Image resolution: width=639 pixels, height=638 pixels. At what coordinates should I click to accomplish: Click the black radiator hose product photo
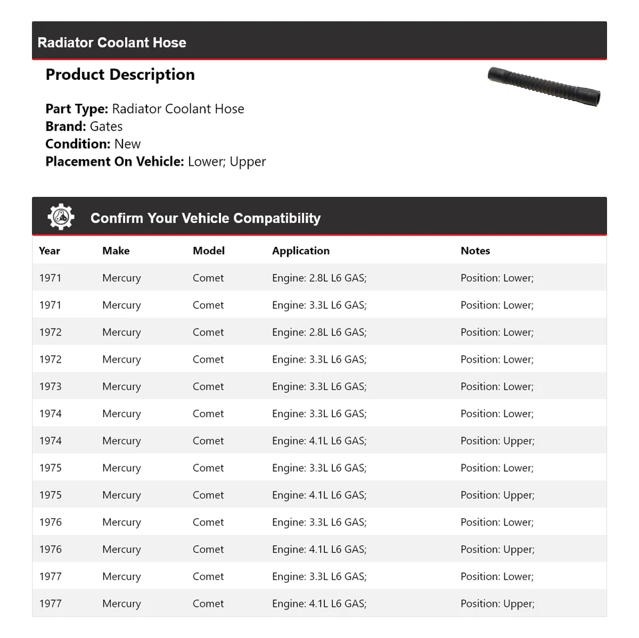[x=544, y=86]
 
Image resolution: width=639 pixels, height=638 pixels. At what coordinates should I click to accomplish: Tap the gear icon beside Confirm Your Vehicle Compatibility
[x=61, y=218]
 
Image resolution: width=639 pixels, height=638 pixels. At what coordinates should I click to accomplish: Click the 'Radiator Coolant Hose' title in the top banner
[x=112, y=43]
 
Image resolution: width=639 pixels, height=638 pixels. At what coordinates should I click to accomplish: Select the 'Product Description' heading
[x=120, y=75]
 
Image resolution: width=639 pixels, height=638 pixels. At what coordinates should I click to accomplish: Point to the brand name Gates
[x=106, y=126]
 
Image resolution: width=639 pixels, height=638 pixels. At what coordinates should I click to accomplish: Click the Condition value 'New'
[x=127, y=144]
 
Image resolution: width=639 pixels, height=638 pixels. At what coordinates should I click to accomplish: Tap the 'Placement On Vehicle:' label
[x=114, y=161]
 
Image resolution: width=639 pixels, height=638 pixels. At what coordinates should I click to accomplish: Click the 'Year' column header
[x=49, y=251]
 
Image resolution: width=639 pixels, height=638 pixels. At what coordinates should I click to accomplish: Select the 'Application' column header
[x=300, y=251]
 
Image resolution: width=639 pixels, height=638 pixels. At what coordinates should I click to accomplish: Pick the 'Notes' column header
[x=475, y=251]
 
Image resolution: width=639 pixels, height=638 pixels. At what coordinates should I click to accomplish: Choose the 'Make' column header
[x=116, y=251]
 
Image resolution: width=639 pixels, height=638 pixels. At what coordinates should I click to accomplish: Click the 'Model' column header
[x=208, y=251]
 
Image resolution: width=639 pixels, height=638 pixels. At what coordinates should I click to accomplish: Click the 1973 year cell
[x=50, y=387]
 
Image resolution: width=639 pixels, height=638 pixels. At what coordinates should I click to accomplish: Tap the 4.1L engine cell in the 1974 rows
[x=319, y=440]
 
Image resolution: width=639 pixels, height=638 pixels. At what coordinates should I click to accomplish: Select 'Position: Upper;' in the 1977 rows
[x=497, y=603]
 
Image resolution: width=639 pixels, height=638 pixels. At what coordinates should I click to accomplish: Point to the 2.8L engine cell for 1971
[x=319, y=278]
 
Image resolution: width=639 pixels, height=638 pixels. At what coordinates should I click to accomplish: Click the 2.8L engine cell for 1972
[x=319, y=332]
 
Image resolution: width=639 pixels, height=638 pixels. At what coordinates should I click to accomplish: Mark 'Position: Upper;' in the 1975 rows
[x=497, y=495]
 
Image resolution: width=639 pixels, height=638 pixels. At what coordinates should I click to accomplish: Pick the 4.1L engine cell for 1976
[x=319, y=550]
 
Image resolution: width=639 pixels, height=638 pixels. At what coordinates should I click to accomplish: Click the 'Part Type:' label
[x=77, y=109]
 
